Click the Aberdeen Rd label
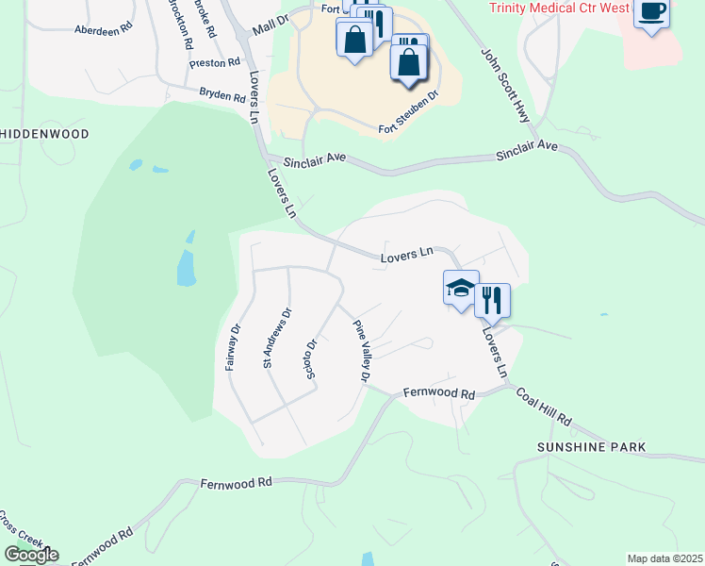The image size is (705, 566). [x=103, y=29]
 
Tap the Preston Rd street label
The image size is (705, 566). [x=216, y=63]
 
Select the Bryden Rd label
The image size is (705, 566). [x=222, y=94]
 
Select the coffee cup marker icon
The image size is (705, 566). [x=651, y=12]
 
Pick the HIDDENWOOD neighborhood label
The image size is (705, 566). [x=44, y=134]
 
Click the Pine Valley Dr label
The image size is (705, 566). [x=361, y=351]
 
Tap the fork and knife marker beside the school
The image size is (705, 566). [x=492, y=300]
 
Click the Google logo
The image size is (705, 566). [x=30, y=555]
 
